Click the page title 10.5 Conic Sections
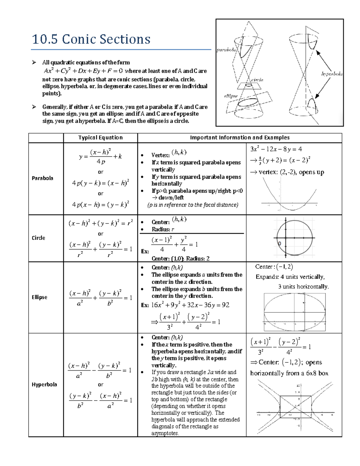click(x=91, y=39)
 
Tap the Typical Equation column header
click(x=100, y=138)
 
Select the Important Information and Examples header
click(x=240, y=138)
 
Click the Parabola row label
click(x=42, y=178)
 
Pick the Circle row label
click(x=38, y=238)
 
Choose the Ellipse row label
click(x=39, y=297)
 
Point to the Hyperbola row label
click(x=44, y=385)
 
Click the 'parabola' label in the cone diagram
click(x=226, y=50)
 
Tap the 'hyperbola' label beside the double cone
click(x=332, y=74)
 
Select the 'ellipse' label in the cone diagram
click(x=231, y=96)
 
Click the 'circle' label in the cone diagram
click(x=257, y=80)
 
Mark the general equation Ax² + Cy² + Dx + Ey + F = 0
click(x=83, y=71)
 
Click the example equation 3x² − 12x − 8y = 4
click(x=276, y=149)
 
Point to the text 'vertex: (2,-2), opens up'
click(x=287, y=172)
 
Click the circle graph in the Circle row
click(x=294, y=238)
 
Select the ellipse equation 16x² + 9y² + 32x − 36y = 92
click(x=190, y=305)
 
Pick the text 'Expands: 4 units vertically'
click(x=290, y=277)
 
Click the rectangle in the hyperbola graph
click(x=295, y=407)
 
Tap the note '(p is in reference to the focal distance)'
click(x=193, y=205)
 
